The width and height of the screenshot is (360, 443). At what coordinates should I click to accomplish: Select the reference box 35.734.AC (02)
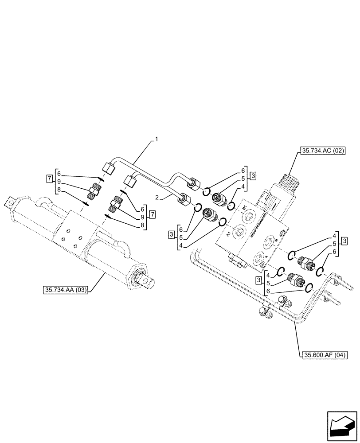[323, 151]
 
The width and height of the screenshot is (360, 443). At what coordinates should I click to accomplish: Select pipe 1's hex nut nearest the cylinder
[107, 169]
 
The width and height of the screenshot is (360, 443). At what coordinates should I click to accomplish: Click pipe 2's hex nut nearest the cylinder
[129, 181]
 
